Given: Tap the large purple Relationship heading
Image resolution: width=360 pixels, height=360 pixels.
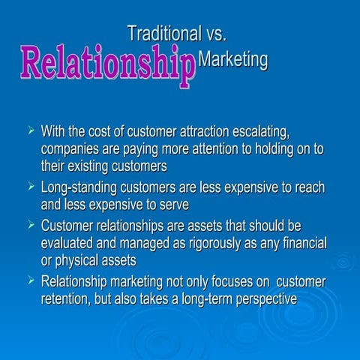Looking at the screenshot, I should tap(107, 64).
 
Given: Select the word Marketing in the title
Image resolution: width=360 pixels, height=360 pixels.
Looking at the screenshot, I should tap(235, 60).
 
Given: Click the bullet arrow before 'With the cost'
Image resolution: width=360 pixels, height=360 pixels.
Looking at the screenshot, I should tap(30, 132).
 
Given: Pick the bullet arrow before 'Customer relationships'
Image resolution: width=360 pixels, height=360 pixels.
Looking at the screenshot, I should tap(30, 224).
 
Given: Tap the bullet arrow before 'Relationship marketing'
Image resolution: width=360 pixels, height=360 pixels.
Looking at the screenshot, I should tap(30, 281).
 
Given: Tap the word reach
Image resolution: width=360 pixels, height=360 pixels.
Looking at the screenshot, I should tap(307, 187).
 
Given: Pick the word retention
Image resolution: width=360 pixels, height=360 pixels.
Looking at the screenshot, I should tap(68, 298).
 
